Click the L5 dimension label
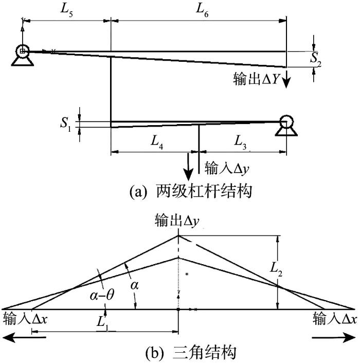[66, 10]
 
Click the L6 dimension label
[202, 10]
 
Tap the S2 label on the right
[315, 59]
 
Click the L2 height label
[276, 270]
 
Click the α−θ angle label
[102, 296]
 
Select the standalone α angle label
[134, 285]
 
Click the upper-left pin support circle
[23, 51]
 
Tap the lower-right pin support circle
[286, 122]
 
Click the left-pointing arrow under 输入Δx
[25, 338]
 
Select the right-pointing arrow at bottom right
[334, 338]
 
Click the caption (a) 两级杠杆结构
[190, 191]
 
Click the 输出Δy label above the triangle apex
[177, 220]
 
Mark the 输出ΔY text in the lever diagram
[256, 79]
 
